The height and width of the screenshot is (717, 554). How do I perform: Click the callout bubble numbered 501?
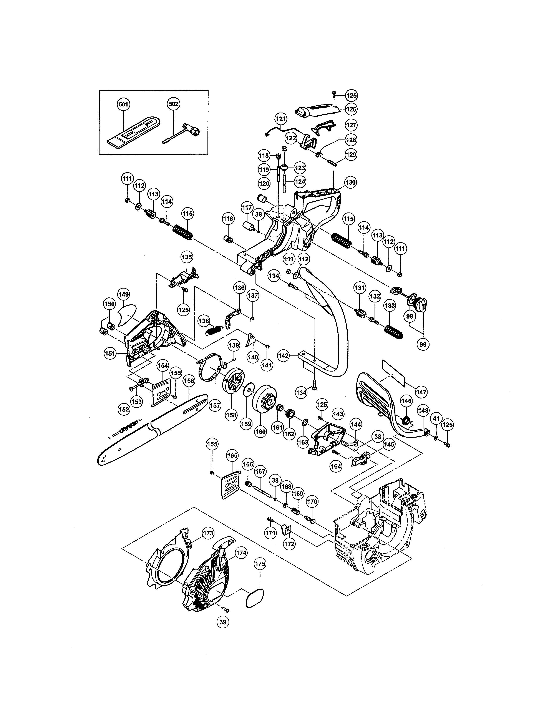[123, 104]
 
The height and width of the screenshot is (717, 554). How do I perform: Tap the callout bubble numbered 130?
[350, 182]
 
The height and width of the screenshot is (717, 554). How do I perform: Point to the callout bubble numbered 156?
[189, 381]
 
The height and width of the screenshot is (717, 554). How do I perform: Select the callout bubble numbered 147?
[421, 392]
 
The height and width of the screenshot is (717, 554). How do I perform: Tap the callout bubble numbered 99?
[423, 344]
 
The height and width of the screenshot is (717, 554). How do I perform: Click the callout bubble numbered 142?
[283, 355]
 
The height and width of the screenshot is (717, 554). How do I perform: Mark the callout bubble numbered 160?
[260, 432]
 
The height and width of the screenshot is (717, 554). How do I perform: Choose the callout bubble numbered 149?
[124, 294]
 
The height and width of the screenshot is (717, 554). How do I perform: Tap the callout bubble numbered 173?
[208, 533]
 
